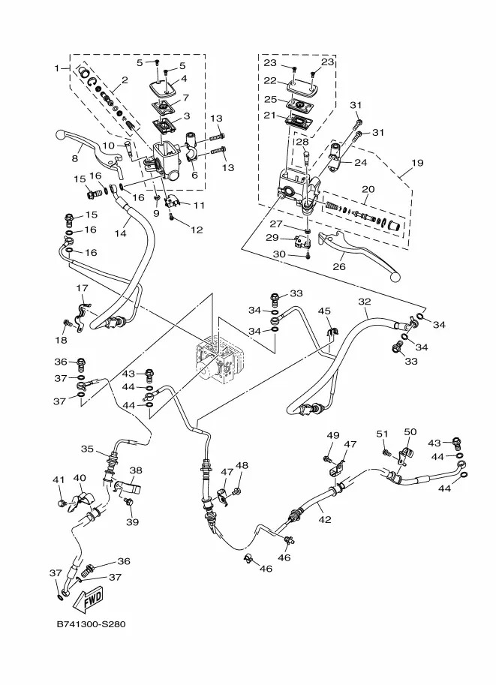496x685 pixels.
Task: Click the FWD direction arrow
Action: pos(92,599)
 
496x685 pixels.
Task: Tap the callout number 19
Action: pos(416,162)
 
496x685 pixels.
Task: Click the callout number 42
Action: pos(323,518)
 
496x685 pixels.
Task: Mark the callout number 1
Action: pos(56,68)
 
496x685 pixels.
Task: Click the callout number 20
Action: pos(368,189)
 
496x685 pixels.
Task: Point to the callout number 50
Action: pos(410,432)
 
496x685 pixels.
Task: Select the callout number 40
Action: pos(79,478)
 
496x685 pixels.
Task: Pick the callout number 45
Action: pos(324,311)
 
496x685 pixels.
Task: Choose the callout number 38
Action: pos(136,471)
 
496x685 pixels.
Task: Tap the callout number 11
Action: pos(198,205)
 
